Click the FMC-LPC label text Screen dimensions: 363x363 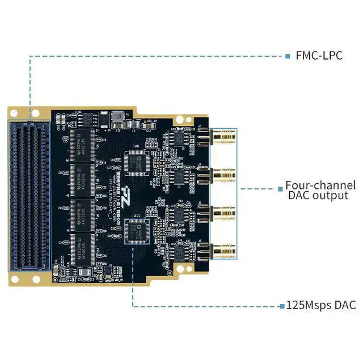[319, 56]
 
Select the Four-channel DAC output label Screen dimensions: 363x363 [320, 190]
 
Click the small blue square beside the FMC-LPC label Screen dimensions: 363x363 [288, 56]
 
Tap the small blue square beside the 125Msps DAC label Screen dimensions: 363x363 [281, 306]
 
